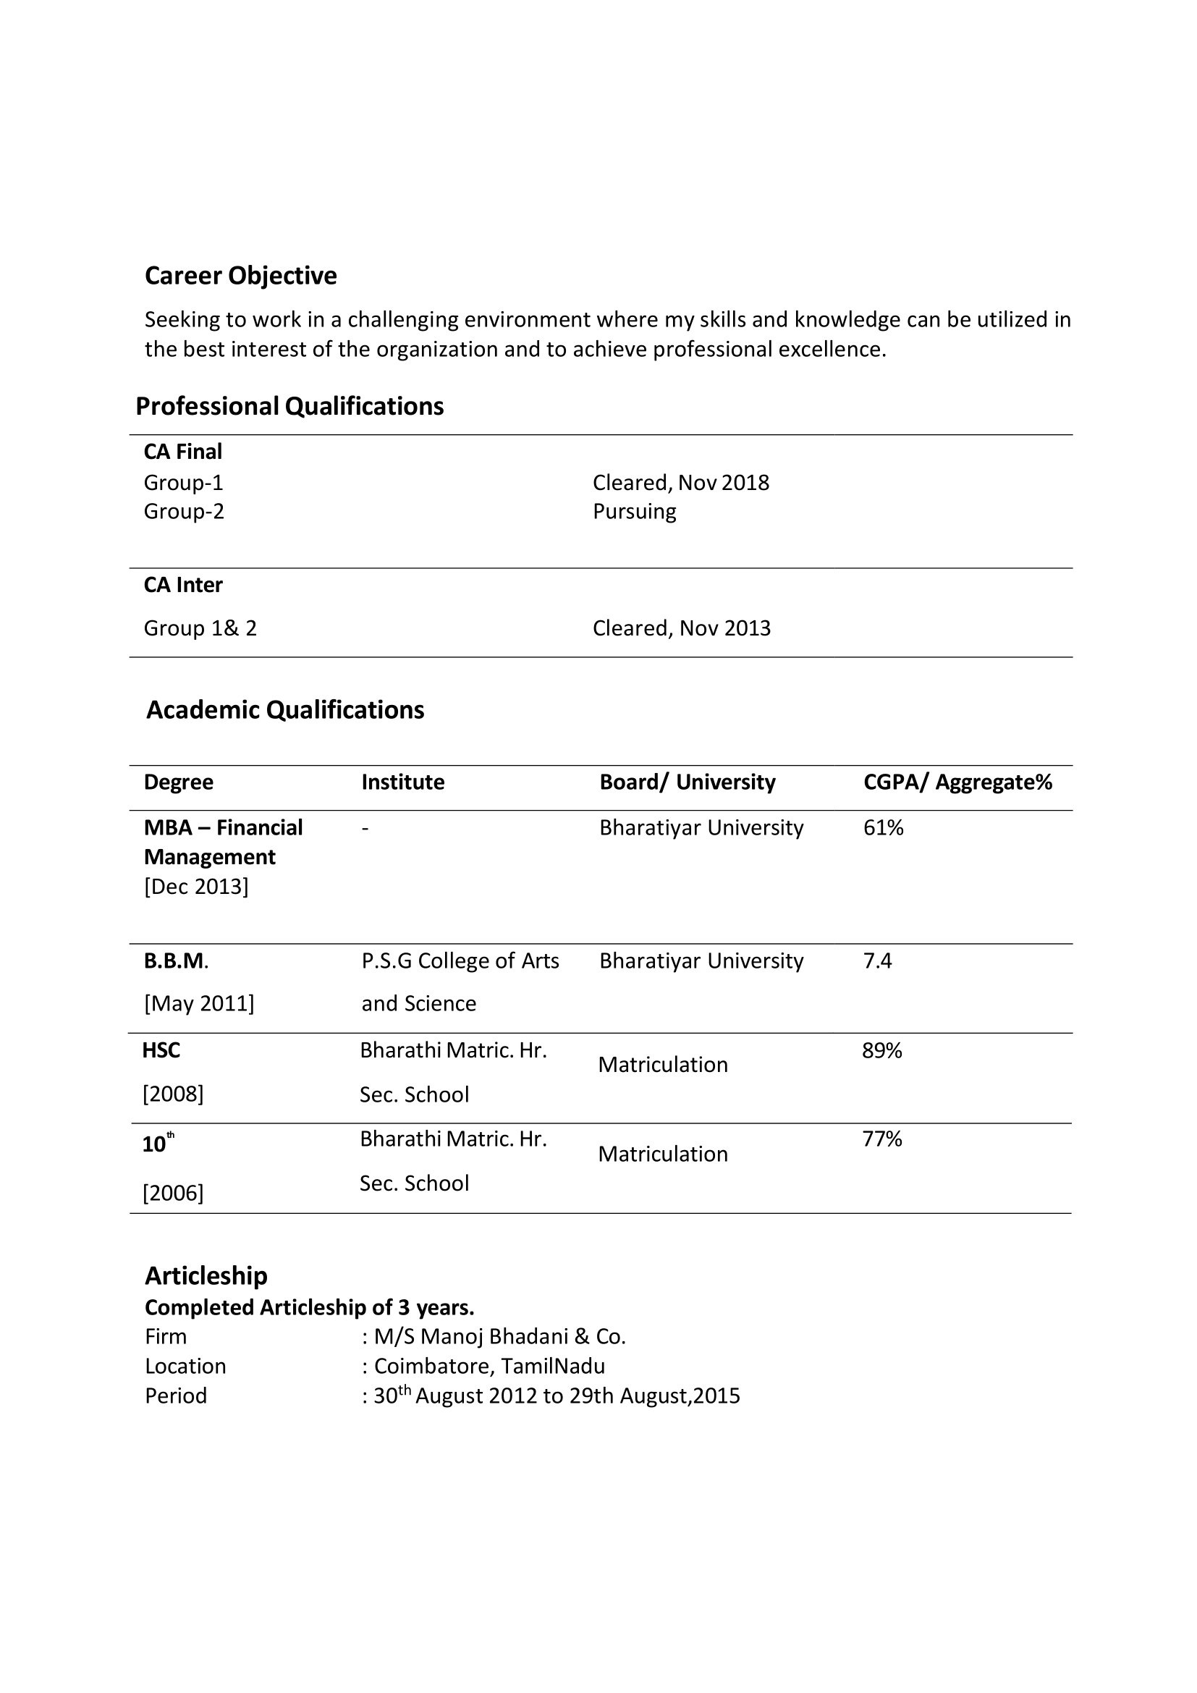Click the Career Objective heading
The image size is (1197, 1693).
(240, 276)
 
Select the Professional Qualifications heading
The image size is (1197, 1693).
(289, 406)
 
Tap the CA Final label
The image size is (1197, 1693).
(183, 451)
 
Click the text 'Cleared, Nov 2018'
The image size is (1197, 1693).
(680, 483)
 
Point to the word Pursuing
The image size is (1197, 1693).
(634, 512)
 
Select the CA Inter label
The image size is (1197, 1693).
(183, 585)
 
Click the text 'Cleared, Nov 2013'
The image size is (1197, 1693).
(681, 628)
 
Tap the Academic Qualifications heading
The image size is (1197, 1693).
(285, 710)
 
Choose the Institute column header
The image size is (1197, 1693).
(402, 782)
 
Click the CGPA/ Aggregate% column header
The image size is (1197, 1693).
(957, 782)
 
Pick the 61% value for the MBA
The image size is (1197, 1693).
(883, 828)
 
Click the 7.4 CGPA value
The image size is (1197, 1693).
(877, 961)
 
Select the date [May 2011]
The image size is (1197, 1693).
(199, 1003)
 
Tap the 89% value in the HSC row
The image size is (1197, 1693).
(881, 1051)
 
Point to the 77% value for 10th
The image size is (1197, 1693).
(881, 1139)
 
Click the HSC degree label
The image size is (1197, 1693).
(161, 1051)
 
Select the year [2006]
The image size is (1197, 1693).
(172, 1193)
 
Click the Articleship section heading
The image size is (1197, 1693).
(206, 1275)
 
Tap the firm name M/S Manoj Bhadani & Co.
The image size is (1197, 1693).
(499, 1337)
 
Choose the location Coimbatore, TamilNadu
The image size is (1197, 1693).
(488, 1367)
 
